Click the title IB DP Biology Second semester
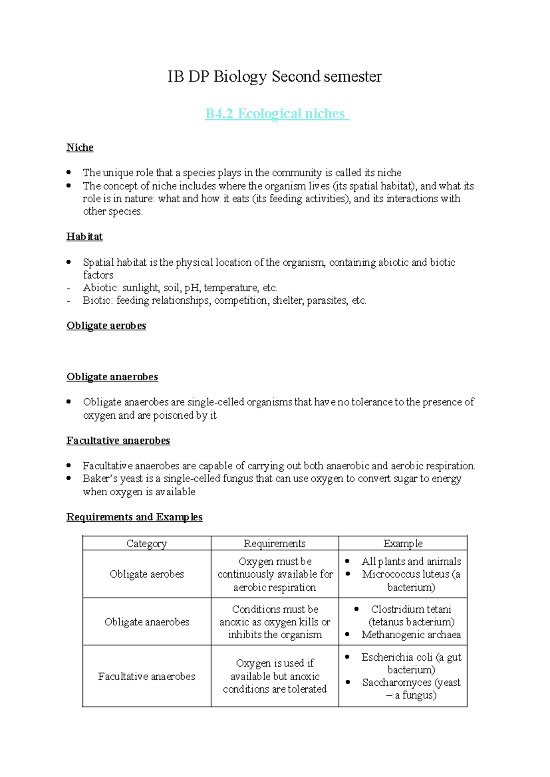[x=274, y=77]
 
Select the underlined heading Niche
[x=80, y=148]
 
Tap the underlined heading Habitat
[x=84, y=236]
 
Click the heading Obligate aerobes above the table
[x=106, y=326]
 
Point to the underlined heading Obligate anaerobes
[x=112, y=377]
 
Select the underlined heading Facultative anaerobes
[x=118, y=441]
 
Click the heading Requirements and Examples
[x=134, y=517]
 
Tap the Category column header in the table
[x=147, y=544]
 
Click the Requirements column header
[x=275, y=544]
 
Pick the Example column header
[x=403, y=544]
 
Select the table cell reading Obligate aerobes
[x=147, y=575]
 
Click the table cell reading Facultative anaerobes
[x=147, y=677]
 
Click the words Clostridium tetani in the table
[x=411, y=609]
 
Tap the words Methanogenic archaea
[x=411, y=635]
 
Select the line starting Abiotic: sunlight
[x=180, y=288]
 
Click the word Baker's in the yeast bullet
[x=100, y=479]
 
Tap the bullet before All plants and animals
[x=347, y=561]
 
